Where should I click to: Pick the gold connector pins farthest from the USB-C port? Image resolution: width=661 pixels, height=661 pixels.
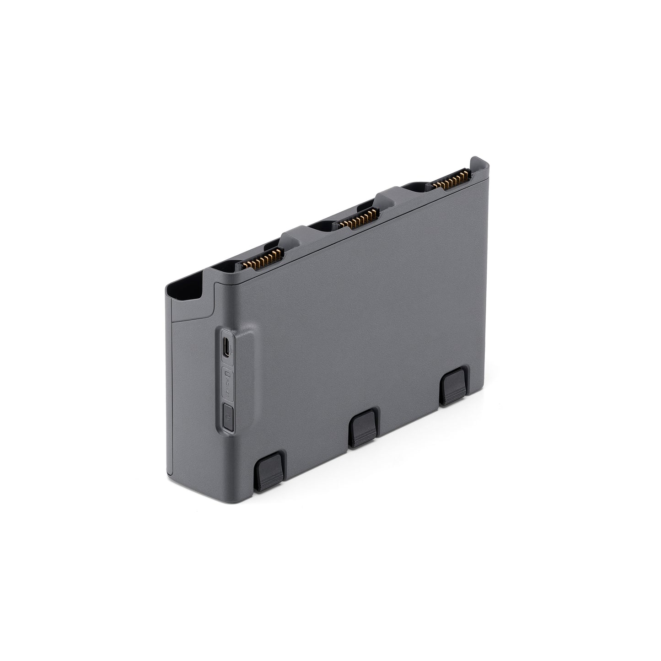tap(452, 179)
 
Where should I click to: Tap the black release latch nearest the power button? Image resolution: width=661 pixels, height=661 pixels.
tap(269, 471)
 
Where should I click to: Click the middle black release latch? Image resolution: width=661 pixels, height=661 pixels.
tap(364, 428)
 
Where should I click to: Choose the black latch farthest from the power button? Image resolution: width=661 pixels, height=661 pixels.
tap(453, 385)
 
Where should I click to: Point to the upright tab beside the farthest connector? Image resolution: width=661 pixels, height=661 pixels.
tap(477, 165)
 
